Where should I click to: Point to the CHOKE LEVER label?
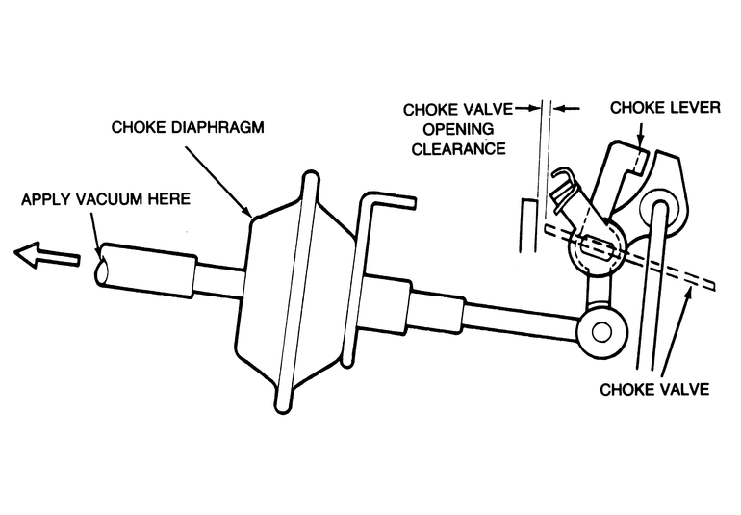click(x=665, y=108)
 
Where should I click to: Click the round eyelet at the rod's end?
click(x=600, y=332)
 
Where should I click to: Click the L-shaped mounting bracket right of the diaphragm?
click(x=375, y=241)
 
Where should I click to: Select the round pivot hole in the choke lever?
click(x=662, y=205)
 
